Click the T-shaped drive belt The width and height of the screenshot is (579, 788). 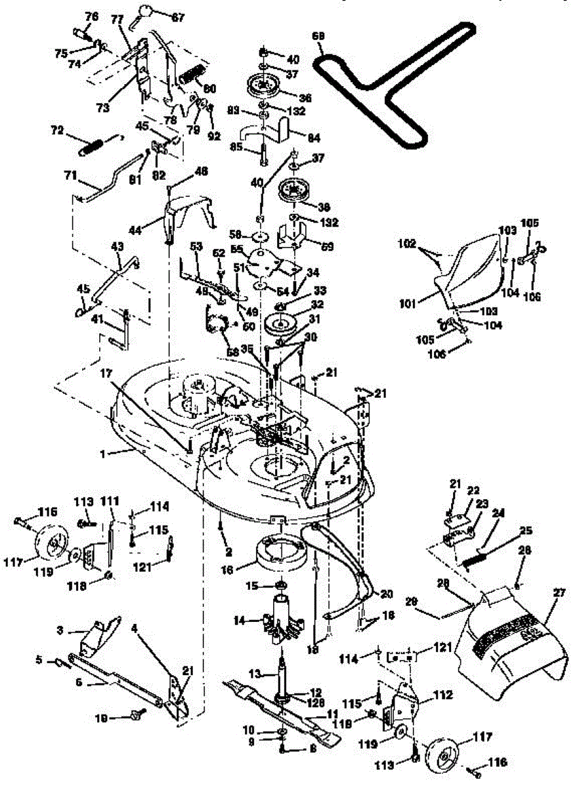pyautogui.click(x=394, y=85)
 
